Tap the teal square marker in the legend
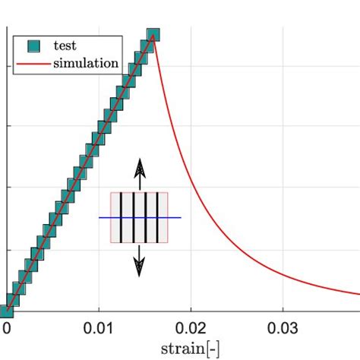coord(33,46)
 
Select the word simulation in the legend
coord(85,63)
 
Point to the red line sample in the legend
coord(33,63)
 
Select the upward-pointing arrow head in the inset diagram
coord(139,166)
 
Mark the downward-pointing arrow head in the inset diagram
coord(139,267)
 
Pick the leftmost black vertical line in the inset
coord(122,218)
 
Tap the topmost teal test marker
coord(153,35)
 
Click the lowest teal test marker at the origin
coord(6,310)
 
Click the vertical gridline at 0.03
coord(283,152)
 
